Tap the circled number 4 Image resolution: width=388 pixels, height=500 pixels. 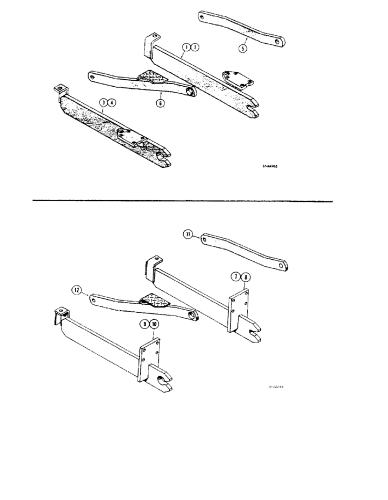(x=112, y=103)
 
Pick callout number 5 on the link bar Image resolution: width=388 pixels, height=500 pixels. (x=241, y=49)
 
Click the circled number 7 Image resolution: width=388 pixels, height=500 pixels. (x=235, y=276)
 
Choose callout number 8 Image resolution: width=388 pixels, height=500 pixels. (x=244, y=276)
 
